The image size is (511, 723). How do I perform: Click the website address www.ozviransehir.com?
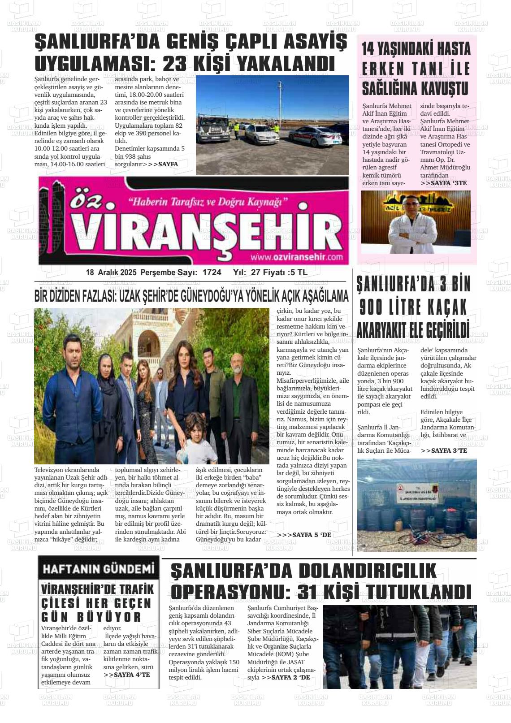(x=297, y=257)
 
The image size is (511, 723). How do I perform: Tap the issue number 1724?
(x=212, y=273)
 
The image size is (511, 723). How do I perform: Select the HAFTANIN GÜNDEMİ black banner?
(x=98, y=569)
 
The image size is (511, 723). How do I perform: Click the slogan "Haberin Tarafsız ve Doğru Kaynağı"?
(x=208, y=202)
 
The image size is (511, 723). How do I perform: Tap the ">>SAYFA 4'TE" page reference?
(x=127, y=674)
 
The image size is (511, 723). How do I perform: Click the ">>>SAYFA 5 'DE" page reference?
(x=304, y=535)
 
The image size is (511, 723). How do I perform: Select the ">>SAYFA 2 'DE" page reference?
(x=286, y=677)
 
